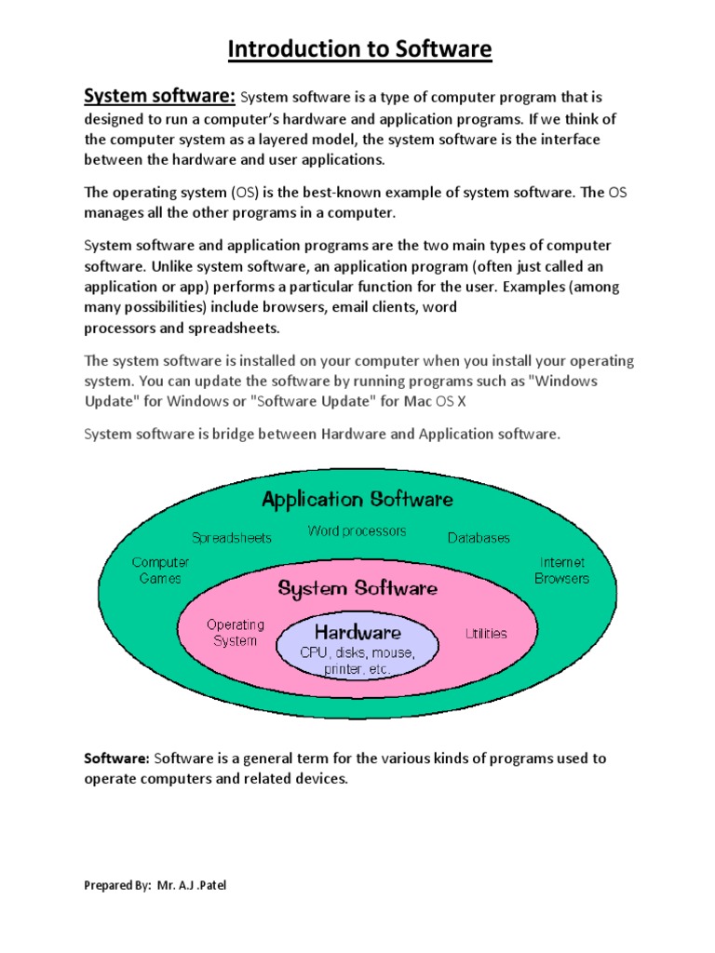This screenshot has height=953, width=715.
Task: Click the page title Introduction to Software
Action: click(x=359, y=49)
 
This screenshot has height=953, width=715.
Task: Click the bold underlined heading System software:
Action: click(x=160, y=96)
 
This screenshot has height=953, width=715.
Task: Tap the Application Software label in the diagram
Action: click(x=357, y=499)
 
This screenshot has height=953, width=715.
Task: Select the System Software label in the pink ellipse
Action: click(x=357, y=588)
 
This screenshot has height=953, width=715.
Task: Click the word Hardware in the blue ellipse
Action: click(x=357, y=632)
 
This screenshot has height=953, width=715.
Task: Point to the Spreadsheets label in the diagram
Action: click(x=232, y=538)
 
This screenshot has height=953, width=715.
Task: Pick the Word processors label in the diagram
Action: click(x=357, y=530)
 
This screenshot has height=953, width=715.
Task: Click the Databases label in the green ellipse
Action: click(x=479, y=538)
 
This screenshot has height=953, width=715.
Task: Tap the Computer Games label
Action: click(x=160, y=570)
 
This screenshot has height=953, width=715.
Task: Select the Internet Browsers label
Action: click(x=561, y=570)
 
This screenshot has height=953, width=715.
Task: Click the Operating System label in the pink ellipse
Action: click(x=236, y=633)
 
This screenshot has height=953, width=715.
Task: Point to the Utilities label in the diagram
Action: click(x=486, y=634)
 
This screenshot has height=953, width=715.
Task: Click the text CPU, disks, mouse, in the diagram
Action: click(x=357, y=652)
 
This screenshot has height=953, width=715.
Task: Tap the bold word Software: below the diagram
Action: click(x=116, y=758)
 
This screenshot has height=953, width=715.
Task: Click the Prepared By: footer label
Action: click(x=117, y=885)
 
